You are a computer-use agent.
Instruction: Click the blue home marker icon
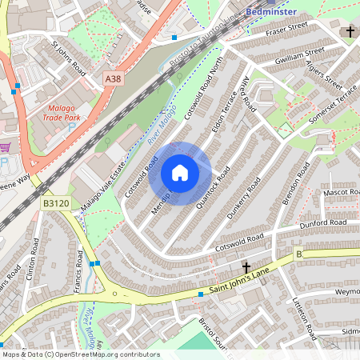tap(180, 173)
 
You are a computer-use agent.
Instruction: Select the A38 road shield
tap(114, 78)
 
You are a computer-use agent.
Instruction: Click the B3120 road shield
tap(55, 204)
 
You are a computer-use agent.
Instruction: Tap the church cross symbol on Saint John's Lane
tap(246, 266)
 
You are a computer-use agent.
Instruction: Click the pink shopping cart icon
tap(6, 147)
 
